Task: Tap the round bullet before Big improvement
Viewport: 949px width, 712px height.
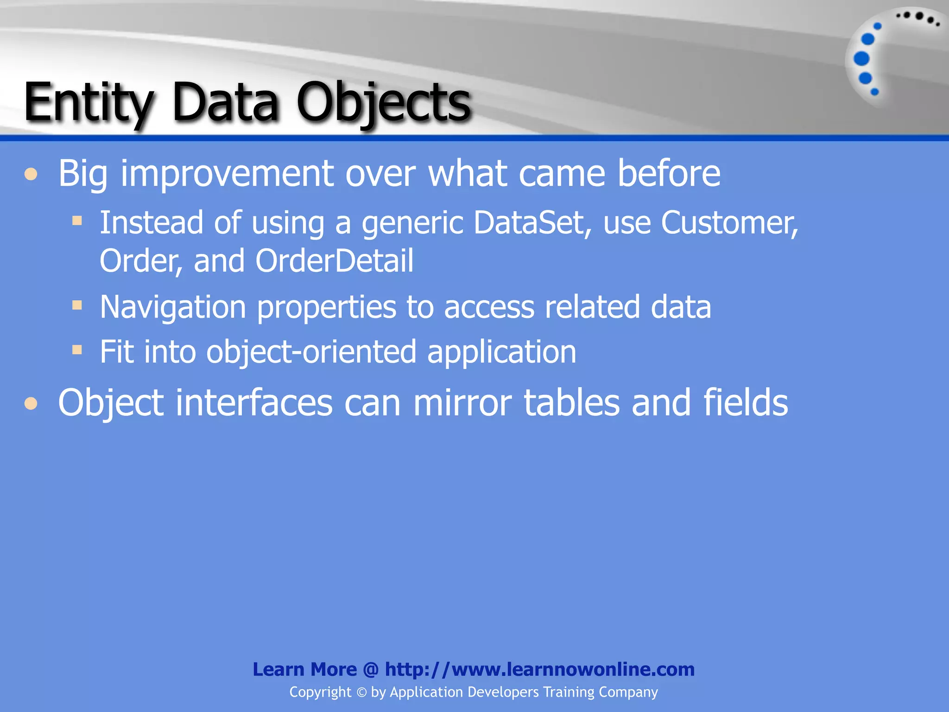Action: [31, 174]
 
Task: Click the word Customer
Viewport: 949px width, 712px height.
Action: [729, 223]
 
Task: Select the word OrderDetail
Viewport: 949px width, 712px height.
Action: [334, 261]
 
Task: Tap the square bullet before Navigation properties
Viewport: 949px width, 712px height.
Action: [77, 305]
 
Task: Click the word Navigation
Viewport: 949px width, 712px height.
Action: [173, 307]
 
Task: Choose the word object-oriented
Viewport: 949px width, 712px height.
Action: [311, 352]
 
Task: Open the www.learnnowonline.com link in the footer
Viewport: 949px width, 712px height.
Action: [540, 669]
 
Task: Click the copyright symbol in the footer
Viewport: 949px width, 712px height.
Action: [361, 693]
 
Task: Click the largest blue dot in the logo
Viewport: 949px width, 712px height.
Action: [861, 59]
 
